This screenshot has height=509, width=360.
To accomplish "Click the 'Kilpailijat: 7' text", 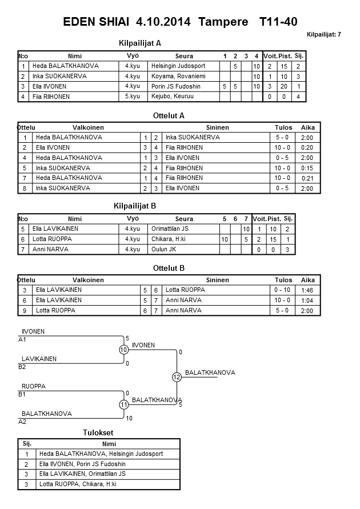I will coord(323,35).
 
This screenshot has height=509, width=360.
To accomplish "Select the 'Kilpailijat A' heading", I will coord(140,43).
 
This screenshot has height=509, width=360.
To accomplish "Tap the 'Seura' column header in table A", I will coord(184,56).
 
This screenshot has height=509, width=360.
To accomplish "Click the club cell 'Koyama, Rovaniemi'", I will coord(174,76).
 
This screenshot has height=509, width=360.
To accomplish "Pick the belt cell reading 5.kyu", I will coord(132,97).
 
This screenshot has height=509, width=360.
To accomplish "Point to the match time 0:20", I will coord(306,147).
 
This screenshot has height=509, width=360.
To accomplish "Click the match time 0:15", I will coord(306,168).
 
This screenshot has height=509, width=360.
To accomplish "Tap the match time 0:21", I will coord(307,178).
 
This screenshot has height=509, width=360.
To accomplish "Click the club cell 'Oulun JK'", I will coord(163,249).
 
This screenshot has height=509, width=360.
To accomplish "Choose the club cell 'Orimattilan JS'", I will coord(170,229).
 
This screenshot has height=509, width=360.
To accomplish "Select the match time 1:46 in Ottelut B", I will coord(307,290).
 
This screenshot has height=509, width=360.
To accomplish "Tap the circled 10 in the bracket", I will coord(123,350).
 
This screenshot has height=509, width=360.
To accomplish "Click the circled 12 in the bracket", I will coord(176,377).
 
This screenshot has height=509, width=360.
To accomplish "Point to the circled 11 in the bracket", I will coord(123,404).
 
